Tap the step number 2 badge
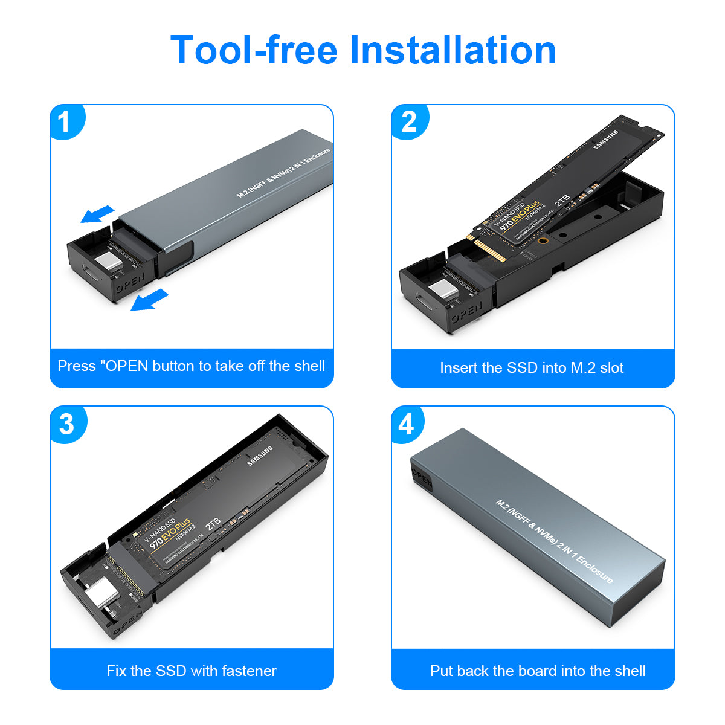pyautogui.click(x=409, y=123)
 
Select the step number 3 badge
pyautogui.click(x=66, y=424)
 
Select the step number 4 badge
pyautogui.click(x=407, y=424)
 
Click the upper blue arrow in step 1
pyautogui.click(x=97, y=213)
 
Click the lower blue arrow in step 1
pyautogui.click(x=149, y=300)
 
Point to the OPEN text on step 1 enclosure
pyautogui.click(x=130, y=284)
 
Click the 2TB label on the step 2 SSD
pyautogui.click(x=562, y=201)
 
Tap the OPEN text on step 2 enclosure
pyautogui.click(x=467, y=313)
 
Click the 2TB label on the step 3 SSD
pyautogui.click(x=213, y=524)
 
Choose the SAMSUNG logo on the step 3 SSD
pyautogui.click(x=260, y=456)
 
